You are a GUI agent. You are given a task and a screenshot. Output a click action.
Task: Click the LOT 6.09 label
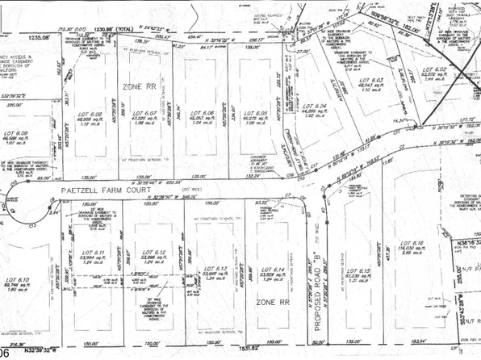19,133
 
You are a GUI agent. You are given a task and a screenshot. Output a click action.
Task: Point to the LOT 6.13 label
215,269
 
